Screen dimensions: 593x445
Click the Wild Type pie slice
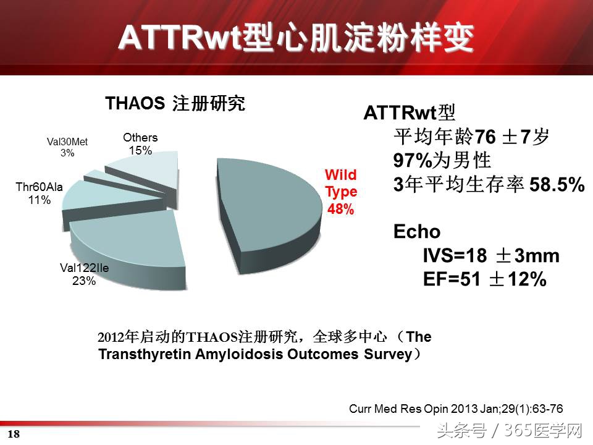click(x=265, y=212)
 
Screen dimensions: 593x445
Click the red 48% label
click(x=340, y=209)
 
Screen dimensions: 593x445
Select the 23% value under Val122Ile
click(x=84, y=281)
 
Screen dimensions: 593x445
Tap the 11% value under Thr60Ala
click(x=40, y=200)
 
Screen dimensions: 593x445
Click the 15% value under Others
click(x=140, y=150)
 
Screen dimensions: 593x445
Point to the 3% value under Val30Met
click(x=67, y=153)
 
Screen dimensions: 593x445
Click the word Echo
click(x=417, y=232)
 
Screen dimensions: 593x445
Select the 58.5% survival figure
click(x=557, y=185)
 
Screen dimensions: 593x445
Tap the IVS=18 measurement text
click(x=455, y=256)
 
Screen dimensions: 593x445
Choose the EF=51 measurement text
click(x=452, y=279)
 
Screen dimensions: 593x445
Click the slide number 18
click(x=14, y=434)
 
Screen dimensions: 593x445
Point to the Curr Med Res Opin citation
click(x=456, y=409)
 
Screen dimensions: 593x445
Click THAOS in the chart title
click(x=135, y=103)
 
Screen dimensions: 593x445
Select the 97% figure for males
click(x=413, y=161)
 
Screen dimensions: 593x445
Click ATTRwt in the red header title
click(x=180, y=38)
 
